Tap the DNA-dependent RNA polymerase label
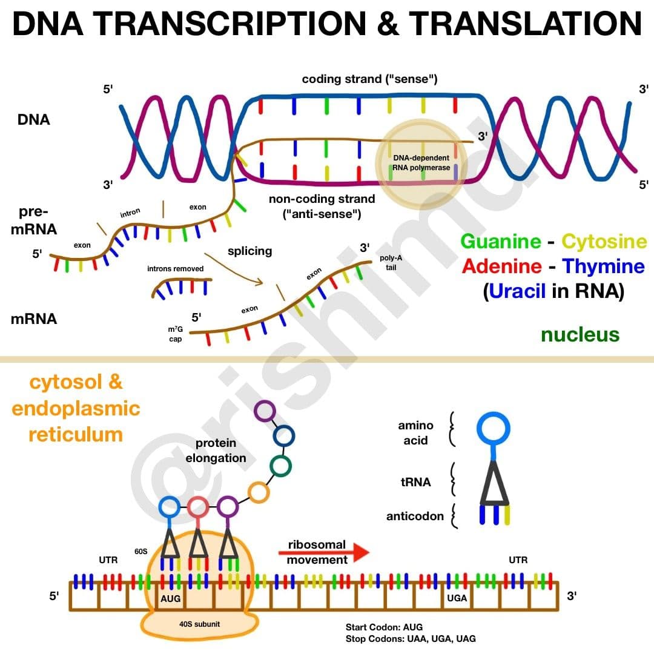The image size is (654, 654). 421,163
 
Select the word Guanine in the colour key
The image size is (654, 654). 501,242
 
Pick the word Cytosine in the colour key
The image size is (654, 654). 604,242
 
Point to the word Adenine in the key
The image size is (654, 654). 502,266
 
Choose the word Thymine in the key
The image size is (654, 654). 603,266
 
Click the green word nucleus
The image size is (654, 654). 580,334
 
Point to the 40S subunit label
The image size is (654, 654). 199,624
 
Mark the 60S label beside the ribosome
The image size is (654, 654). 141,552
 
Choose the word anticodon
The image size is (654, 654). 415,517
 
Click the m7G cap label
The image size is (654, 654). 175,334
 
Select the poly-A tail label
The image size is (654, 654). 391,263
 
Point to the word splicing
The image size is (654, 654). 250,251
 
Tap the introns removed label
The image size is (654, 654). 175,269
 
